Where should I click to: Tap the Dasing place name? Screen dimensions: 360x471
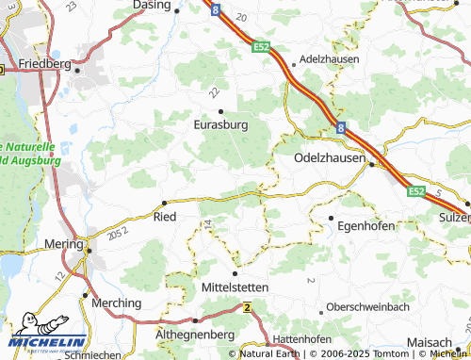click(x=152, y=5)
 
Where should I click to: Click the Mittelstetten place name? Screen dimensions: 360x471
click(x=235, y=286)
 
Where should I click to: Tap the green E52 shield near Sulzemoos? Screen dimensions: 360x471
click(x=416, y=191)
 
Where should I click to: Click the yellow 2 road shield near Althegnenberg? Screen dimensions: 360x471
click(x=247, y=307)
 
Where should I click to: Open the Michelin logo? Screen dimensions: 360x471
click(x=49, y=340)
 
